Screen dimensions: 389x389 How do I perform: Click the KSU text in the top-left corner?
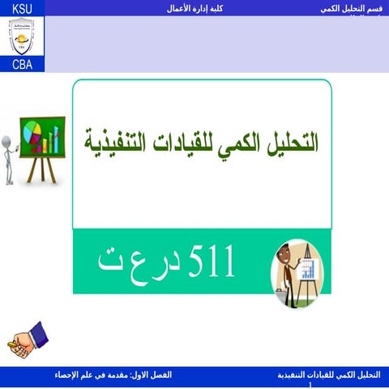coord(22,7)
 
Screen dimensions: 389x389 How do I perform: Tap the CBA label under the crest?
coord(22,65)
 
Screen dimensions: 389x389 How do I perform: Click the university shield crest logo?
coord(22,36)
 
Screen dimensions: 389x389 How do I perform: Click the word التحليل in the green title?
coord(289,143)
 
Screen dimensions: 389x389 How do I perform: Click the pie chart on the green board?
coord(33,131)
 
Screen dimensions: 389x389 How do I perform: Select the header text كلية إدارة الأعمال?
coord(194,7)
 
